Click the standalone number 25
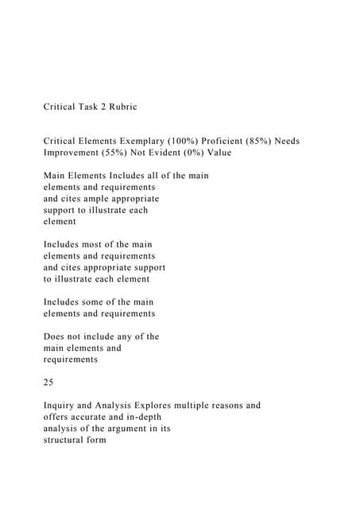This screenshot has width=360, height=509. [48, 383]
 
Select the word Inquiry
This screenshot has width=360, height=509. [60, 406]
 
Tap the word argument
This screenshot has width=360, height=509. [126, 429]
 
